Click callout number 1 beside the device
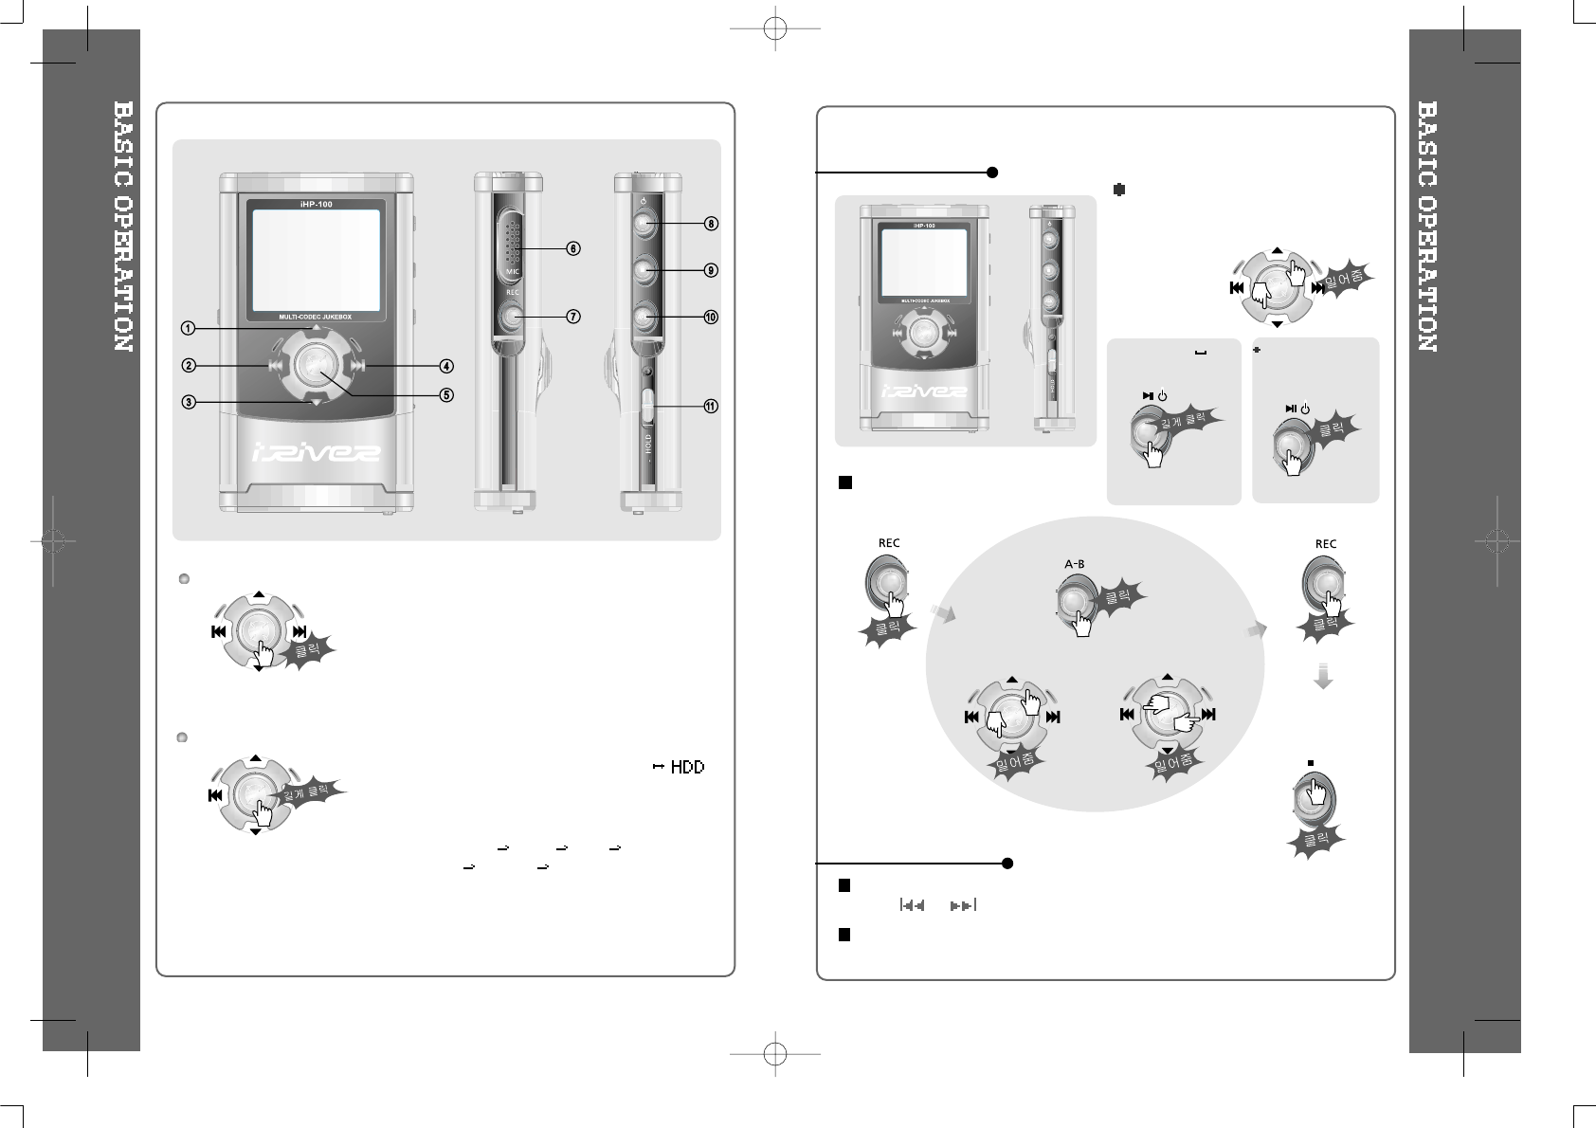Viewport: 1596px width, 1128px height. (189, 328)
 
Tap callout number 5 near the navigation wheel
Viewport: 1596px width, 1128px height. (446, 394)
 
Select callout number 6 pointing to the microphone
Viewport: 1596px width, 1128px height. (572, 248)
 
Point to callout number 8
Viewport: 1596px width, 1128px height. (710, 225)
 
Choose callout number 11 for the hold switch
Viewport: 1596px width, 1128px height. (710, 407)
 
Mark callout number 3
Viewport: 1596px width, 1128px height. (189, 402)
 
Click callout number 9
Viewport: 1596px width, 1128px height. (710, 270)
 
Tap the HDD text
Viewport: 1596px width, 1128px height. (687, 767)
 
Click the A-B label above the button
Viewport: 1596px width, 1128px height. (1075, 564)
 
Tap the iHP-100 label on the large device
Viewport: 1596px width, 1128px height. (316, 204)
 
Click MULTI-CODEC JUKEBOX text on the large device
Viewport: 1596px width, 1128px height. (316, 314)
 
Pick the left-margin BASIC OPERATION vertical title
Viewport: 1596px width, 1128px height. (122, 227)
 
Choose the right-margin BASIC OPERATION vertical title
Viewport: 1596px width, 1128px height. (1426, 227)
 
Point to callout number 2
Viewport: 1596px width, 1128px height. (189, 366)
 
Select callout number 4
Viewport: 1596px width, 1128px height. (446, 366)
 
